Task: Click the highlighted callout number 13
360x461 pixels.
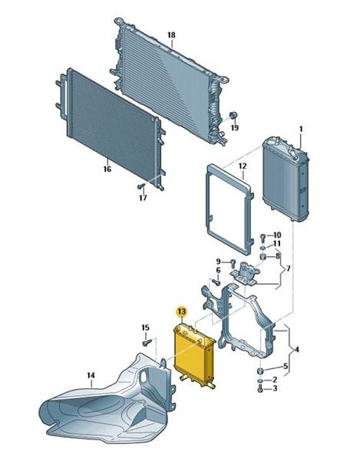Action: pyautogui.click(x=181, y=311)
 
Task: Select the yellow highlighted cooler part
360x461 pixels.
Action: pyautogui.click(x=195, y=356)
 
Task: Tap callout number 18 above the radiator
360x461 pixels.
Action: pyautogui.click(x=171, y=35)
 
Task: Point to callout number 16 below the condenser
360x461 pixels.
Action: pyautogui.click(x=107, y=169)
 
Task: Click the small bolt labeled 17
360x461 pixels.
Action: pyautogui.click(x=141, y=186)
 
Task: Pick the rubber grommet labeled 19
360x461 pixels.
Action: pyautogui.click(x=233, y=115)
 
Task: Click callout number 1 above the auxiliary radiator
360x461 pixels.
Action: pyautogui.click(x=301, y=129)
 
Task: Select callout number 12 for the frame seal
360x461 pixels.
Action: pyautogui.click(x=243, y=166)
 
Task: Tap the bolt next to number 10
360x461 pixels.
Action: pyautogui.click(x=263, y=236)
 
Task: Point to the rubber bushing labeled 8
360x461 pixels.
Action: pyautogui.click(x=263, y=257)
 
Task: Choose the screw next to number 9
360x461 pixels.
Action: pyautogui.click(x=233, y=262)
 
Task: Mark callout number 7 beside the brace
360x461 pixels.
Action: pyautogui.click(x=289, y=268)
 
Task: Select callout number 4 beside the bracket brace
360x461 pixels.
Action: pyautogui.click(x=297, y=350)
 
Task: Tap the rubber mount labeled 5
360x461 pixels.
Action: pyautogui.click(x=260, y=371)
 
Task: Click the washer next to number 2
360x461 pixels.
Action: pyautogui.click(x=260, y=381)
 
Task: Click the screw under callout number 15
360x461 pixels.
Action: pyautogui.click(x=146, y=343)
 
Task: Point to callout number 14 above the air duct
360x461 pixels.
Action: pyautogui.click(x=91, y=375)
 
